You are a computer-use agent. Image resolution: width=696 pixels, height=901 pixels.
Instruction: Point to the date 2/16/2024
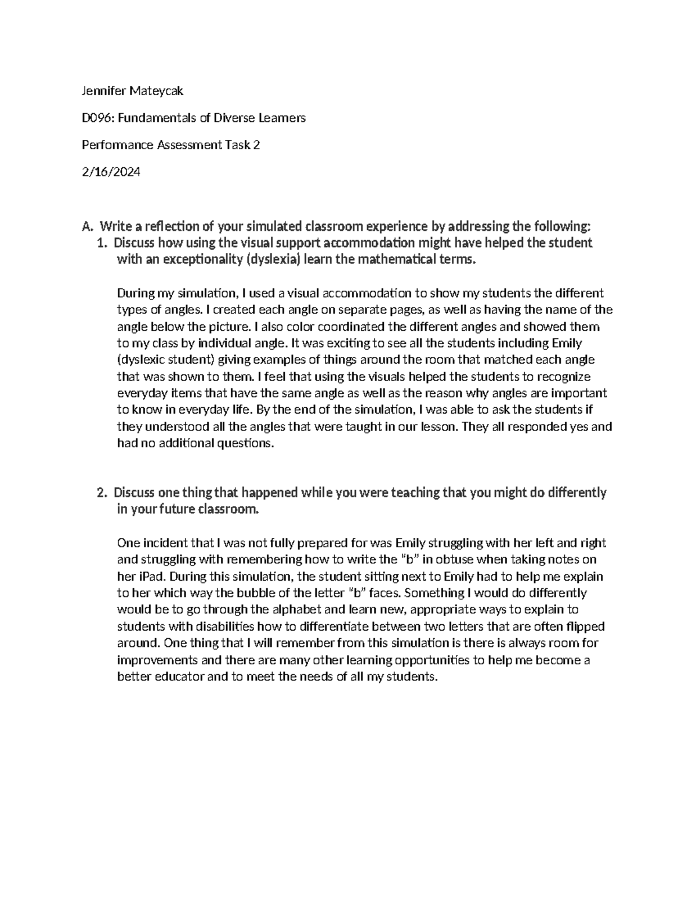pos(111,172)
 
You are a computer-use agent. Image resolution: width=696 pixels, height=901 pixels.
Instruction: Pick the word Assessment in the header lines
pos(188,145)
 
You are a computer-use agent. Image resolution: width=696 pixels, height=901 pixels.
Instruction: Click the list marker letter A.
pos(87,226)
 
